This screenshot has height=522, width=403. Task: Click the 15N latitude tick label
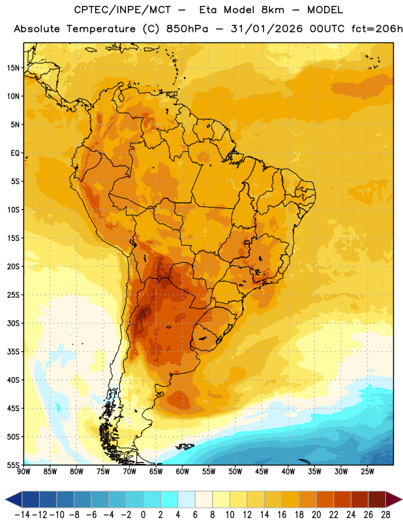13,68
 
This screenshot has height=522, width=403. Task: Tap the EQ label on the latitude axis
15,153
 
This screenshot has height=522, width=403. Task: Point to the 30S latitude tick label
13,323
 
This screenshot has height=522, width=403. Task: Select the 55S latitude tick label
13,465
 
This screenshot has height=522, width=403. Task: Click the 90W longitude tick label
23,472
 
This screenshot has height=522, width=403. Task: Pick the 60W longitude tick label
183,472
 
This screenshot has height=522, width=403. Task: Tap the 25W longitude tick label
367,472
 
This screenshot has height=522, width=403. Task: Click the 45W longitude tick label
261,472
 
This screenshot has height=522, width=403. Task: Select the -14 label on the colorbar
22,515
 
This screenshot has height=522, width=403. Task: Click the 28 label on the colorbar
385,515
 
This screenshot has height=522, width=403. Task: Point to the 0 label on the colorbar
143,515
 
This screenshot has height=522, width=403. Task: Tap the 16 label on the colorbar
282,515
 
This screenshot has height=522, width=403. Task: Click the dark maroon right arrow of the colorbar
394,499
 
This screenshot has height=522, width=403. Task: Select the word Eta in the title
208,10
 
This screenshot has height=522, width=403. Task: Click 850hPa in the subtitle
187,29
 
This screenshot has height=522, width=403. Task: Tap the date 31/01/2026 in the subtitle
267,29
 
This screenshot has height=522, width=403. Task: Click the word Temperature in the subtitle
101,29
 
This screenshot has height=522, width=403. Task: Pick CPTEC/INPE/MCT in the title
122,10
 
